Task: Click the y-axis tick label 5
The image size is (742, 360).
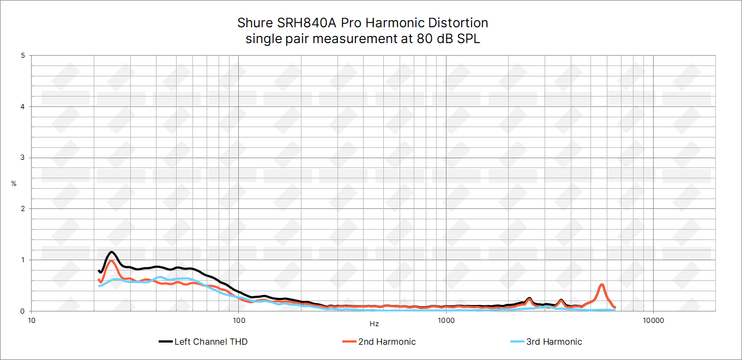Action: click(22, 56)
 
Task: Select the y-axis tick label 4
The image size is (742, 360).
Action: click(22, 107)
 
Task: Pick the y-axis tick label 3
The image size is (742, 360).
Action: click(22, 158)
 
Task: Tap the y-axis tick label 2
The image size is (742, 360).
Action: click(22, 209)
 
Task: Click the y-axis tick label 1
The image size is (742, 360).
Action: click(22, 260)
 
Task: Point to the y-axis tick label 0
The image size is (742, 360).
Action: click(22, 311)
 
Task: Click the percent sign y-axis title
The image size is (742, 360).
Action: click(14, 184)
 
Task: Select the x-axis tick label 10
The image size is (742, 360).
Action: click(32, 320)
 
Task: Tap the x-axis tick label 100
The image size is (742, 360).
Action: click(239, 320)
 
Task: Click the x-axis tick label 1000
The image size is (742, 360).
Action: click(446, 320)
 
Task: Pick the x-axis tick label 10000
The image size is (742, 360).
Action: click(653, 320)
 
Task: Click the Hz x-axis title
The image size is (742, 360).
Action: click(374, 324)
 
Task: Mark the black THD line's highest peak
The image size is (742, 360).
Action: click(112, 252)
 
